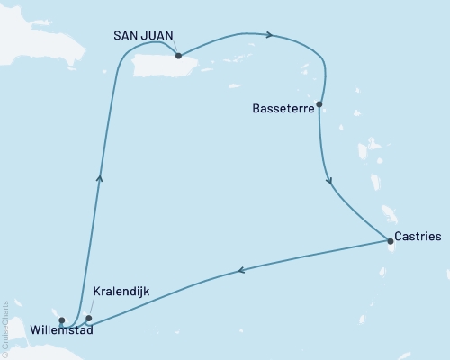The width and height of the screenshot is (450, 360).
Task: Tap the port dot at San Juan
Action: [179, 56]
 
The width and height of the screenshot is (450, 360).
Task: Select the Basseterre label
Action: [281, 105]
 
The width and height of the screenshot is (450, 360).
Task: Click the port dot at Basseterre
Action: [319, 104]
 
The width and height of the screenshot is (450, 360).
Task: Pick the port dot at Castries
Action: [389, 240]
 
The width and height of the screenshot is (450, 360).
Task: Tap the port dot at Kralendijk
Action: [88, 318]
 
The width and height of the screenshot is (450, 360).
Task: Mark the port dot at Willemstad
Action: [61, 319]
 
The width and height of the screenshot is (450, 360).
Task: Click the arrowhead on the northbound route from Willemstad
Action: [99, 178]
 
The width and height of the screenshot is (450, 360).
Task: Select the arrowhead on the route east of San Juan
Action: [269, 35]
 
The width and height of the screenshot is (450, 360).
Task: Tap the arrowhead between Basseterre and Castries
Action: [330, 180]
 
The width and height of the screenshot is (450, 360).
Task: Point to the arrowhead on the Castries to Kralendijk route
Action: [241, 268]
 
